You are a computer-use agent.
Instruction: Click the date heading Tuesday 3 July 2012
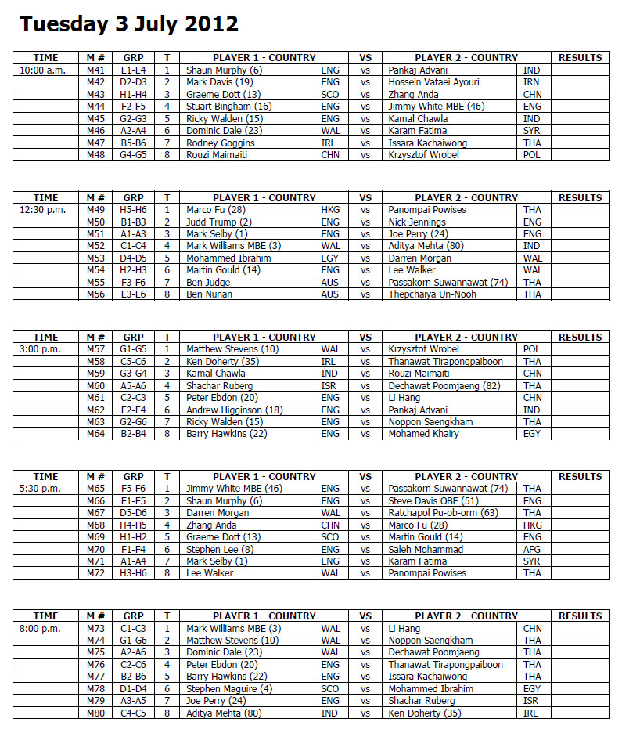(x=129, y=24)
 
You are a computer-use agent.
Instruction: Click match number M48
(x=96, y=155)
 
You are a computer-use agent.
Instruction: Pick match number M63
(x=96, y=421)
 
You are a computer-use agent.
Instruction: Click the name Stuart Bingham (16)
(x=228, y=107)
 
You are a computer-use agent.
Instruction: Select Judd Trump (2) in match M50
(x=218, y=222)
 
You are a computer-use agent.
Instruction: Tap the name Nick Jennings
(x=417, y=222)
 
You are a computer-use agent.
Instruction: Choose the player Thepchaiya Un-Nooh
(x=432, y=294)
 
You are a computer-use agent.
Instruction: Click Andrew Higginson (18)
(x=234, y=410)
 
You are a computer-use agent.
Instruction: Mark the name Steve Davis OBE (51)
(x=433, y=500)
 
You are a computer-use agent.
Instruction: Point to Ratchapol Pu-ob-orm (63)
(x=443, y=513)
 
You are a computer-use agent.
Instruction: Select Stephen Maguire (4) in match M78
(x=228, y=689)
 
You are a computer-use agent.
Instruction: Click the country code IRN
(x=531, y=82)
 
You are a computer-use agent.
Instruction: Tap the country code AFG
(x=532, y=549)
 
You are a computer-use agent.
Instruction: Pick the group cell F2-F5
(x=133, y=107)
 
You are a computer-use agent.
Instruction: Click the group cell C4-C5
(x=133, y=713)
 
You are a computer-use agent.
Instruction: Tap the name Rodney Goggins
(x=220, y=143)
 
